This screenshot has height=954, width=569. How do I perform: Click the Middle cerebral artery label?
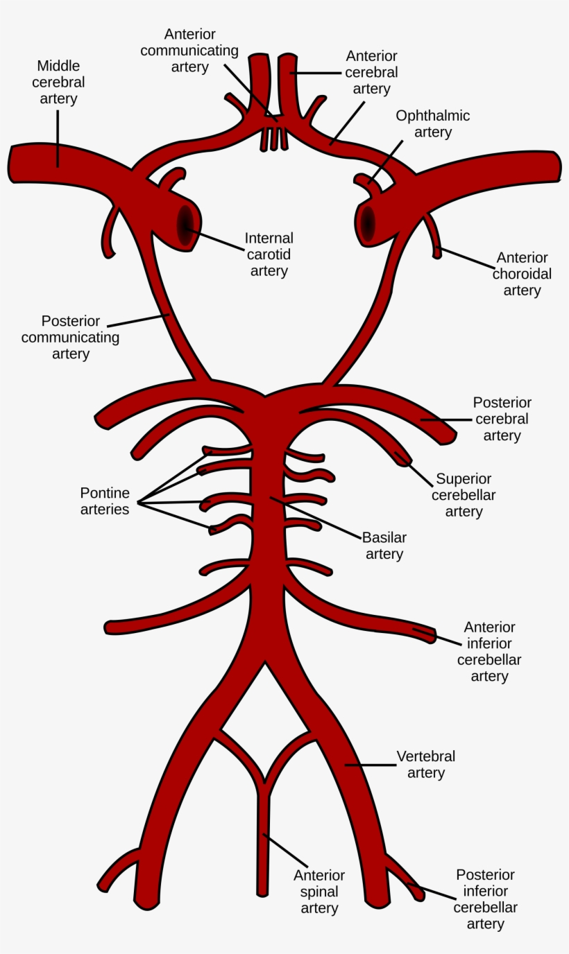(58, 83)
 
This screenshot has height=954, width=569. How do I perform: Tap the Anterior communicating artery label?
(189, 51)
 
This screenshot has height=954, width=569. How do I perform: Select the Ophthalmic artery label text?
(432, 123)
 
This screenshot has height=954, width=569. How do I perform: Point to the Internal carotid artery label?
(269, 254)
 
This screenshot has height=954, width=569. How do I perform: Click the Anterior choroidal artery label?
(522, 274)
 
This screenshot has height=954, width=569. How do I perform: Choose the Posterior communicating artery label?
(70, 338)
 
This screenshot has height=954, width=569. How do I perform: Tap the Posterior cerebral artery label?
(502, 419)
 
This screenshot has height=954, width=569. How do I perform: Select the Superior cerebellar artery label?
(464, 495)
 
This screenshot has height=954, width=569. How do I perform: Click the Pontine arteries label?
(105, 501)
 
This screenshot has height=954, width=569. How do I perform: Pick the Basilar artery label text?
(384, 546)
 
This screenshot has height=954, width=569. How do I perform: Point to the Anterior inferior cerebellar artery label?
(489, 652)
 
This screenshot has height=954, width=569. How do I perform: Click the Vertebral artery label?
(426, 764)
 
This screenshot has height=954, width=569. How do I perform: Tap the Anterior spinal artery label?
(319, 892)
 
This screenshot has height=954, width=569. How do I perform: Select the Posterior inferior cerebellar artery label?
(485, 899)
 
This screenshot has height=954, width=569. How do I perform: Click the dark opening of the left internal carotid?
(185, 224)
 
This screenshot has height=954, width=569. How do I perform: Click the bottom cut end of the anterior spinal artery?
(262, 892)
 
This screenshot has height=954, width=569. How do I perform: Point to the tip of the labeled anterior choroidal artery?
(437, 255)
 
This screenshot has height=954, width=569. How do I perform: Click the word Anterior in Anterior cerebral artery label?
(371, 56)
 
